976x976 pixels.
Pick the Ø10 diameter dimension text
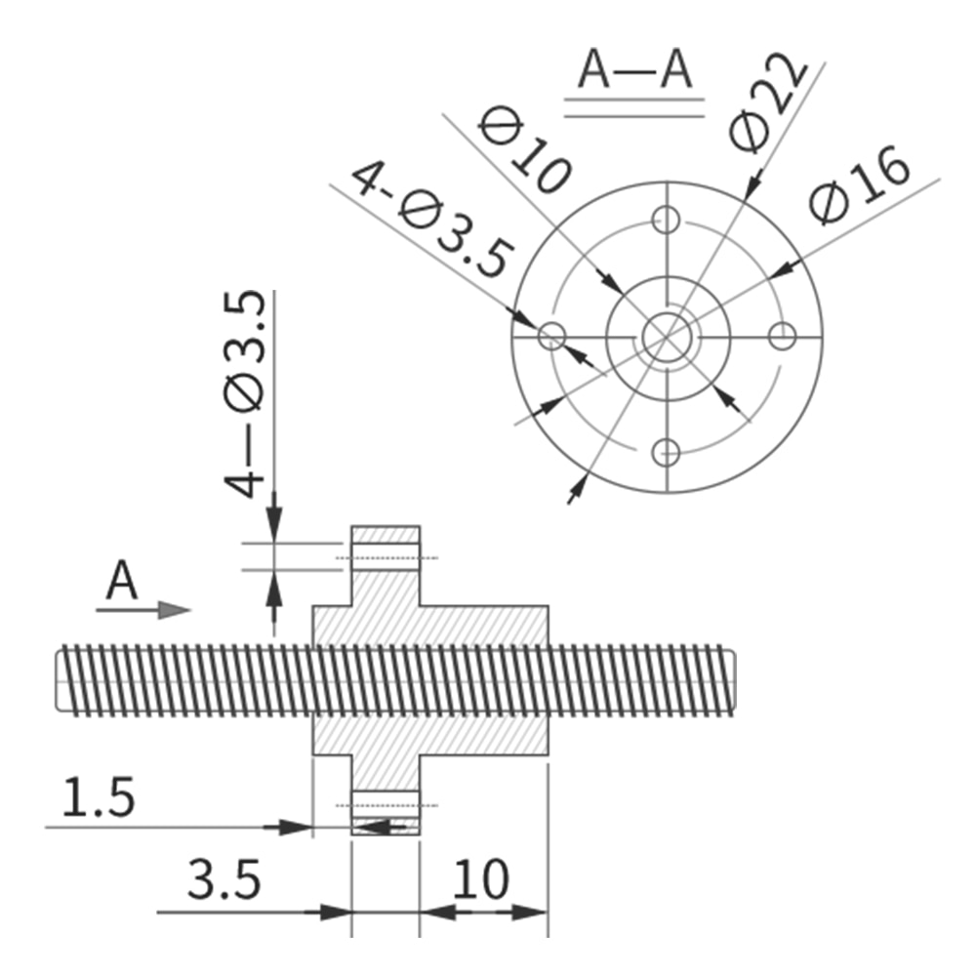tap(526, 151)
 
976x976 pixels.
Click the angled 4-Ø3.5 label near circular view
tap(430, 220)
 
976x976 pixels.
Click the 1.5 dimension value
tap(99, 798)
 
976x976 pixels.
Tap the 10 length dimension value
tap(480, 879)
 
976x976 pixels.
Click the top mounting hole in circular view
tap(667, 219)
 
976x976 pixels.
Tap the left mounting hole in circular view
tap(552, 337)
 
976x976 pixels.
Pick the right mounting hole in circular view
tap(781, 337)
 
